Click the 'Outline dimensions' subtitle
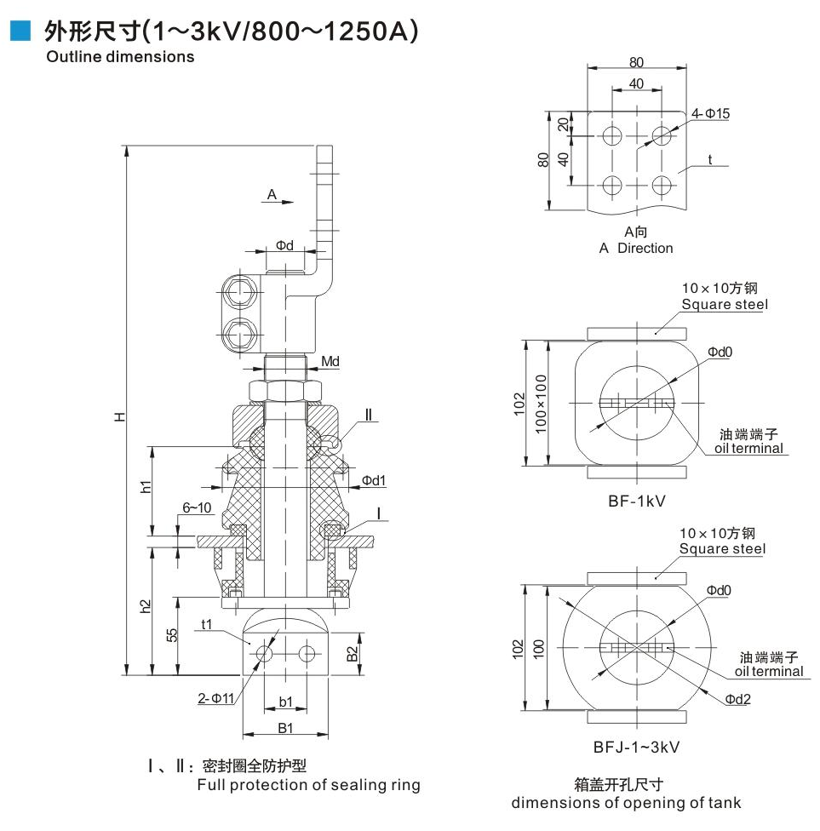[120, 57]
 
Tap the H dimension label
[120, 416]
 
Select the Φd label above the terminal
[284, 245]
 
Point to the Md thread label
[330, 362]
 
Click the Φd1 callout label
[374, 481]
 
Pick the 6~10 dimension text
[197, 507]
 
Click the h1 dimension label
[146, 487]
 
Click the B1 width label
[285, 728]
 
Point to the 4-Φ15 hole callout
[710, 113]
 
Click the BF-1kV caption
[636, 501]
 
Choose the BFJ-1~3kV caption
[636, 747]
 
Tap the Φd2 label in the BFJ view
[737, 699]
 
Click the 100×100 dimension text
[539, 404]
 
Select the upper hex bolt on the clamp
[238, 295]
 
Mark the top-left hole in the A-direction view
[611, 135]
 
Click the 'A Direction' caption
[635, 248]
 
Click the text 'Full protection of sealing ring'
[308, 785]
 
